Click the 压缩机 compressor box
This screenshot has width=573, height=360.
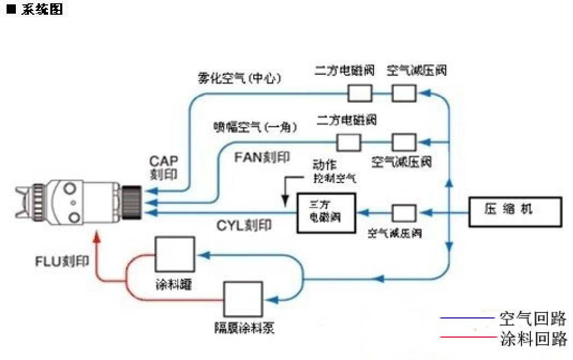[x=514, y=212]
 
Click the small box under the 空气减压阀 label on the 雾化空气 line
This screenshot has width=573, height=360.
[x=404, y=93]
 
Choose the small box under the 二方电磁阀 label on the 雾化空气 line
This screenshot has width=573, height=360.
[x=360, y=93]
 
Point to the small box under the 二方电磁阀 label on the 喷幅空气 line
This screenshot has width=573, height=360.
[x=348, y=143]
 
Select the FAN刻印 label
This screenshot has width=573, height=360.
[x=262, y=157]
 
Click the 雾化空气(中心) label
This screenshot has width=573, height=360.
[x=239, y=79]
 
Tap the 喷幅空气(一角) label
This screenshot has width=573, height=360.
[x=255, y=127]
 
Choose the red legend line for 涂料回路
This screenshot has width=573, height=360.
[x=467, y=337]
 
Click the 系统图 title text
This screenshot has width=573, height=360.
[x=42, y=9]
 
